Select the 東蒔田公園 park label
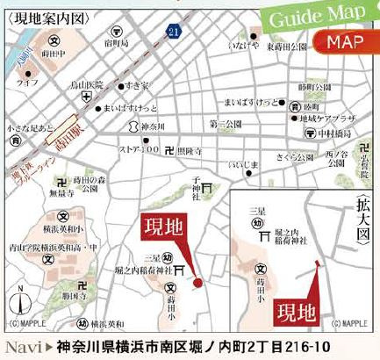click(287, 47)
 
